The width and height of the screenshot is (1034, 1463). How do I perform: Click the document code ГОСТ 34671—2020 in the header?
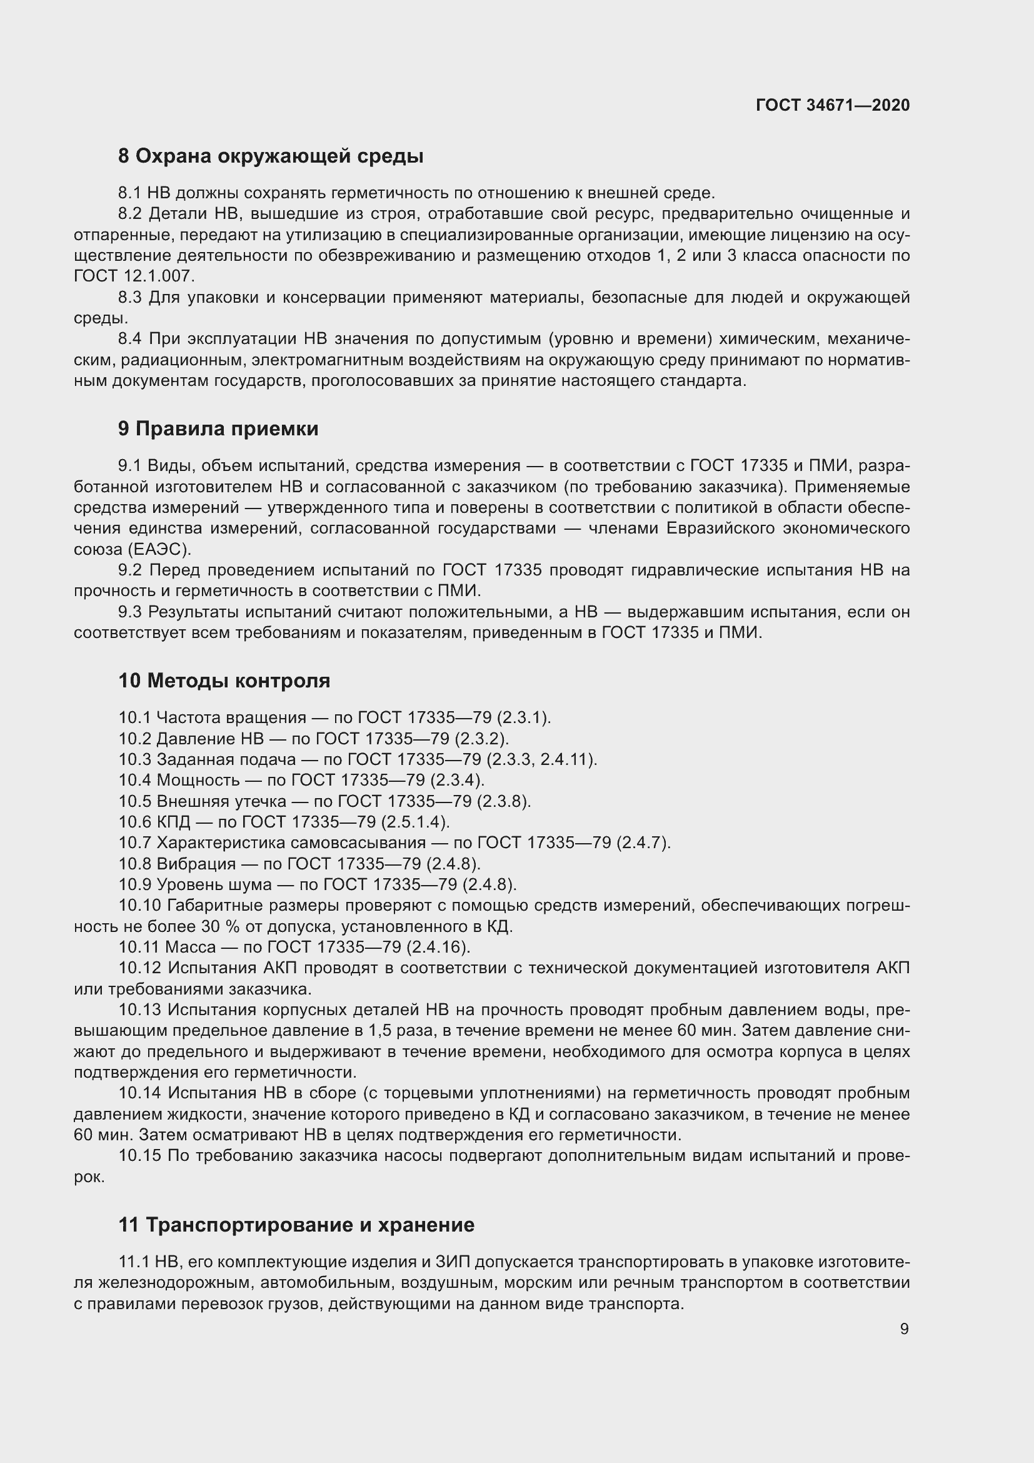(833, 105)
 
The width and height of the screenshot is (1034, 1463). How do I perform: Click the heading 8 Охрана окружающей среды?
(271, 156)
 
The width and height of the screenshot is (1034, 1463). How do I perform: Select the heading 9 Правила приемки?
(218, 429)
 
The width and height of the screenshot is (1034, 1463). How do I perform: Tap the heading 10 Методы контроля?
(224, 681)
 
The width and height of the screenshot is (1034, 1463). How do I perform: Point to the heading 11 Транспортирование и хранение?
(296, 1225)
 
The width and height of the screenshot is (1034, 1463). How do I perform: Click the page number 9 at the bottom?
(904, 1329)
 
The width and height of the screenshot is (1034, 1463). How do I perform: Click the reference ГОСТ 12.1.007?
(134, 276)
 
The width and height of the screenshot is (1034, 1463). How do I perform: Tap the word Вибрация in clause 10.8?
(196, 863)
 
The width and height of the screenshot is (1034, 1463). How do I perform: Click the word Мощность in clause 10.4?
(198, 780)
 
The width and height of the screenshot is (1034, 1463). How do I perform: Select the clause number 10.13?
(139, 1010)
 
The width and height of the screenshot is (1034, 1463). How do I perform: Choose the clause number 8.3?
(131, 298)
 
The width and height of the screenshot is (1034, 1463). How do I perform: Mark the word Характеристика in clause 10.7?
(221, 843)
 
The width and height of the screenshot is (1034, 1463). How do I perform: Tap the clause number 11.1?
(134, 1262)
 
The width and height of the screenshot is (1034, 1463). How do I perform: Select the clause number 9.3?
(130, 612)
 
